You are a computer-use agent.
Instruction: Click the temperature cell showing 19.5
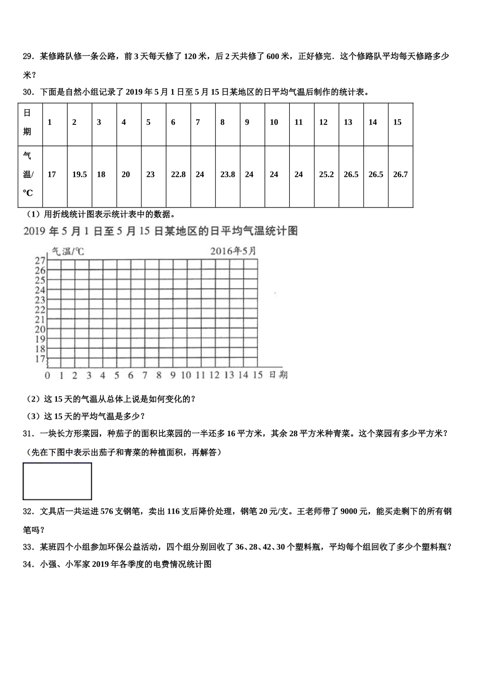click(x=79, y=175)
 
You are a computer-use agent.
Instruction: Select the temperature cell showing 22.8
click(x=178, y=175)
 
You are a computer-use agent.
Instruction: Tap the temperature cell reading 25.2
click(x=327, y=175)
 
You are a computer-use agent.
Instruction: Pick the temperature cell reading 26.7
click(x=401, y=175)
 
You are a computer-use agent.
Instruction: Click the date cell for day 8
click(x=222, y=122)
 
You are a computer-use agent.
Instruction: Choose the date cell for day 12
click(x=323, y=122)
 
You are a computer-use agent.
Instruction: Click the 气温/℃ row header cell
click(x=28, y=175)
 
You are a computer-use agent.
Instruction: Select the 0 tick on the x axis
click(x=47, y=376)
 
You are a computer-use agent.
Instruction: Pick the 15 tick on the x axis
click(x=257, y=375)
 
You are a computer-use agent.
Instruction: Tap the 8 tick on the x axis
click(x=159, y=375)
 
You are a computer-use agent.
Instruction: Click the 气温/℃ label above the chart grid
click(x=68, y=251)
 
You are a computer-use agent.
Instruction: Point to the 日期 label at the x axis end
click(x=278, y=375)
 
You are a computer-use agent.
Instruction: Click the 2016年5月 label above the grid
click(x=233, y=251)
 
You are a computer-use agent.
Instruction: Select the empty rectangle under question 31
click(x=57, y=481)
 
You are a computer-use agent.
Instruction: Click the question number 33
click(x=28, y=547)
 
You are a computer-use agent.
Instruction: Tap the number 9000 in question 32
click(x=350, y=511)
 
